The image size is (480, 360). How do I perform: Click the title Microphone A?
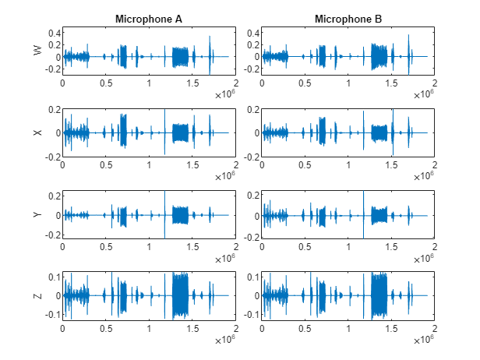pos(149,18)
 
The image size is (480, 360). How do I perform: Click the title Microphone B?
pos(348,18)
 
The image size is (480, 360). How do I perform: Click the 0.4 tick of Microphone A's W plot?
pos(55,33)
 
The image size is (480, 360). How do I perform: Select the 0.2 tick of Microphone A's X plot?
pos(55,109)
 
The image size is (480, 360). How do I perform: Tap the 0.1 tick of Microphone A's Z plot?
pos(55,277)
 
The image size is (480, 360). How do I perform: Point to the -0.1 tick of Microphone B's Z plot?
pos(251,315)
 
